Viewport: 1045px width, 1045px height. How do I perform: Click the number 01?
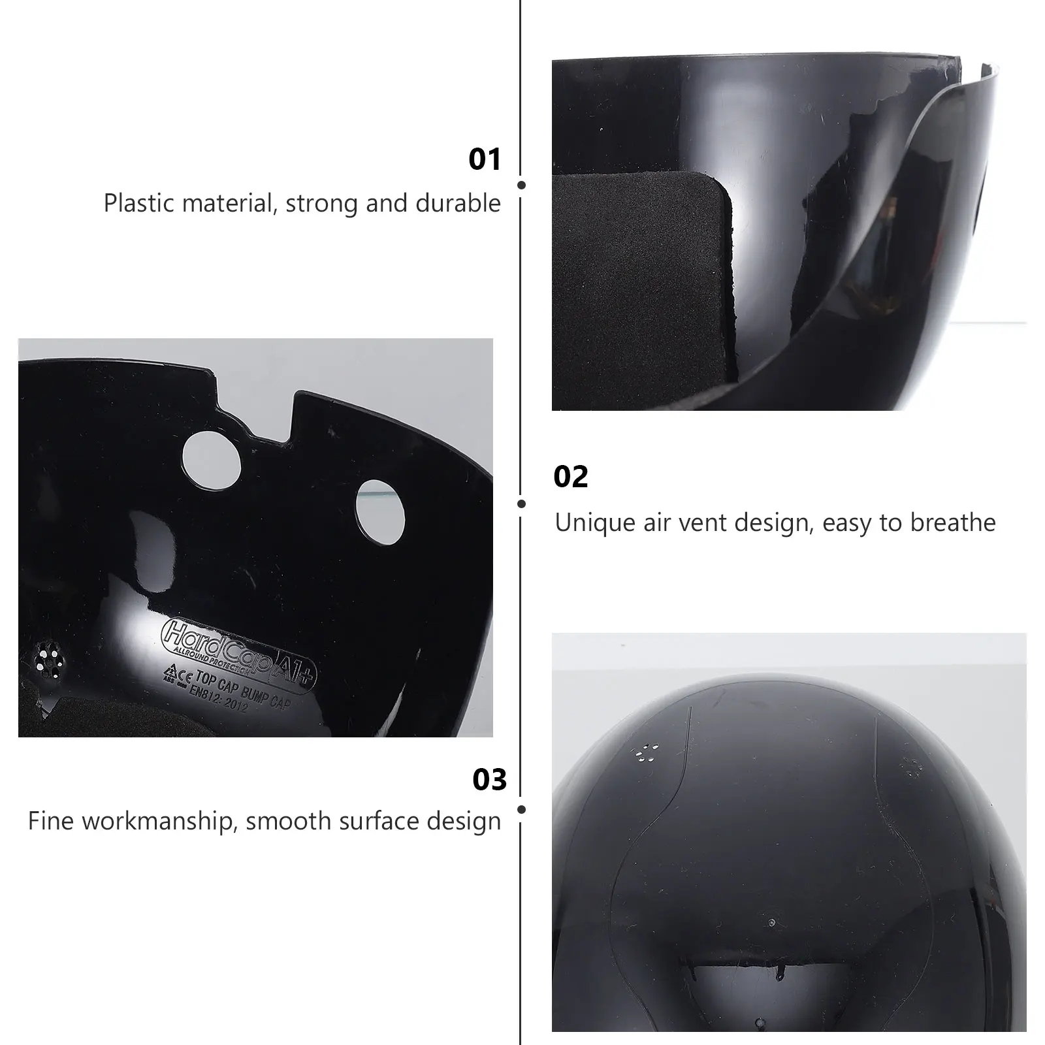(485, 159)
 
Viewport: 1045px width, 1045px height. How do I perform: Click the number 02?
(570, 477)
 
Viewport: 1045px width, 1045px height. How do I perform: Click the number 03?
(489, 780)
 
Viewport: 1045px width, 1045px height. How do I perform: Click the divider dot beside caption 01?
(521, 185)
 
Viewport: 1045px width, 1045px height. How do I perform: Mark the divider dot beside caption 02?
(521, 504)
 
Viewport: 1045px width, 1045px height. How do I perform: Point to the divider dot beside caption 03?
(521, 810)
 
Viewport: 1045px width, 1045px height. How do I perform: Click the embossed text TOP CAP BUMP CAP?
(243, 690)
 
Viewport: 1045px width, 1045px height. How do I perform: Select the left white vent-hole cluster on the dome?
(646, 752)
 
